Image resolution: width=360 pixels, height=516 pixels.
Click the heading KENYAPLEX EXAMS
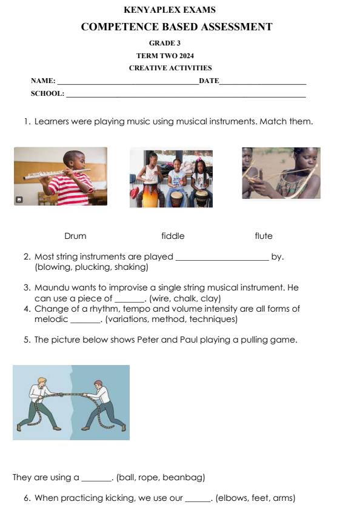[x=169, y=10]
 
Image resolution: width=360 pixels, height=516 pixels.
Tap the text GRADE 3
[x=165, y=43]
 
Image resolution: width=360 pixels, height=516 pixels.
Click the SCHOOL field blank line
[x=185, y=95]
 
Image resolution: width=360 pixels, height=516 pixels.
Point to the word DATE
[x=209, y=81]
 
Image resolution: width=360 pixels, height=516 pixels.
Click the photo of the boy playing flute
[x=61, y=176]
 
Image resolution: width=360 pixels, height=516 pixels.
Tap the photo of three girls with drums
[x=171, y=179]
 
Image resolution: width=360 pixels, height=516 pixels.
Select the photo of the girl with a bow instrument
[x=281, y=173]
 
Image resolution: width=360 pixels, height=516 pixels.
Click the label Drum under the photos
[x=75, y=236]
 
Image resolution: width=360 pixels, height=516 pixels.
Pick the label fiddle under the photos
[x=173, y=236]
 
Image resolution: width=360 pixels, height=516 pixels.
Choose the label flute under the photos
[x=264, y=236]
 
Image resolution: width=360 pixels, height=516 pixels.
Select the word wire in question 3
[x=161, y=298]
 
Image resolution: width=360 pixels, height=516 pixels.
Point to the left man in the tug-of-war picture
[x=42, y=403]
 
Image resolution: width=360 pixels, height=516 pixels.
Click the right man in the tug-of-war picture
[x=103, y=403]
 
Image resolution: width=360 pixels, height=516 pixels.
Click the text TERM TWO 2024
[x=165, y=56]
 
